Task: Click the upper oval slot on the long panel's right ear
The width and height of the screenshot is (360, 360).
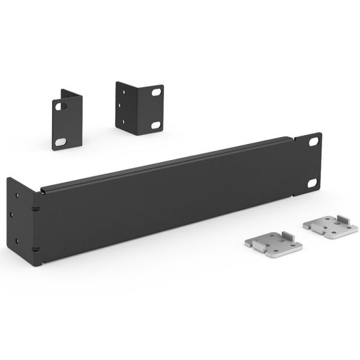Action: coord(312,143)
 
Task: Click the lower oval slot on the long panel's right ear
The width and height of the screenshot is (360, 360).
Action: coord(312,184)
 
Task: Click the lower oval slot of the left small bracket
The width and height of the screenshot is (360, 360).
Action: coord(60,142)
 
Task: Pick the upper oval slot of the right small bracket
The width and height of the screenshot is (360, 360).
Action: coord(156,93)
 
